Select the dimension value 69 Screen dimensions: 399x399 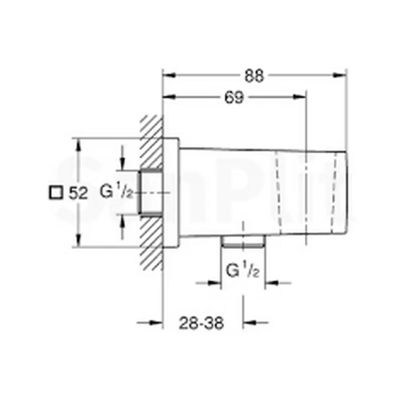click(x=233, y=98)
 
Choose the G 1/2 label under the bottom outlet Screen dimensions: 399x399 click(x=242, y=269)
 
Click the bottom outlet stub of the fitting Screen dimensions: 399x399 click(x=243, y=242)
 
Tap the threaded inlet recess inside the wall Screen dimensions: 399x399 click(x=150, y=192)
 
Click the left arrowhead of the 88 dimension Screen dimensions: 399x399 click(x=168, y=76)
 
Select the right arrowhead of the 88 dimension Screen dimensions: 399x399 click(x=342, y=76)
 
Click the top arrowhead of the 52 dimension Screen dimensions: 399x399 click(x=78, y=142)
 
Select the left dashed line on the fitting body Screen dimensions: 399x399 click(x=278, y=192)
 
